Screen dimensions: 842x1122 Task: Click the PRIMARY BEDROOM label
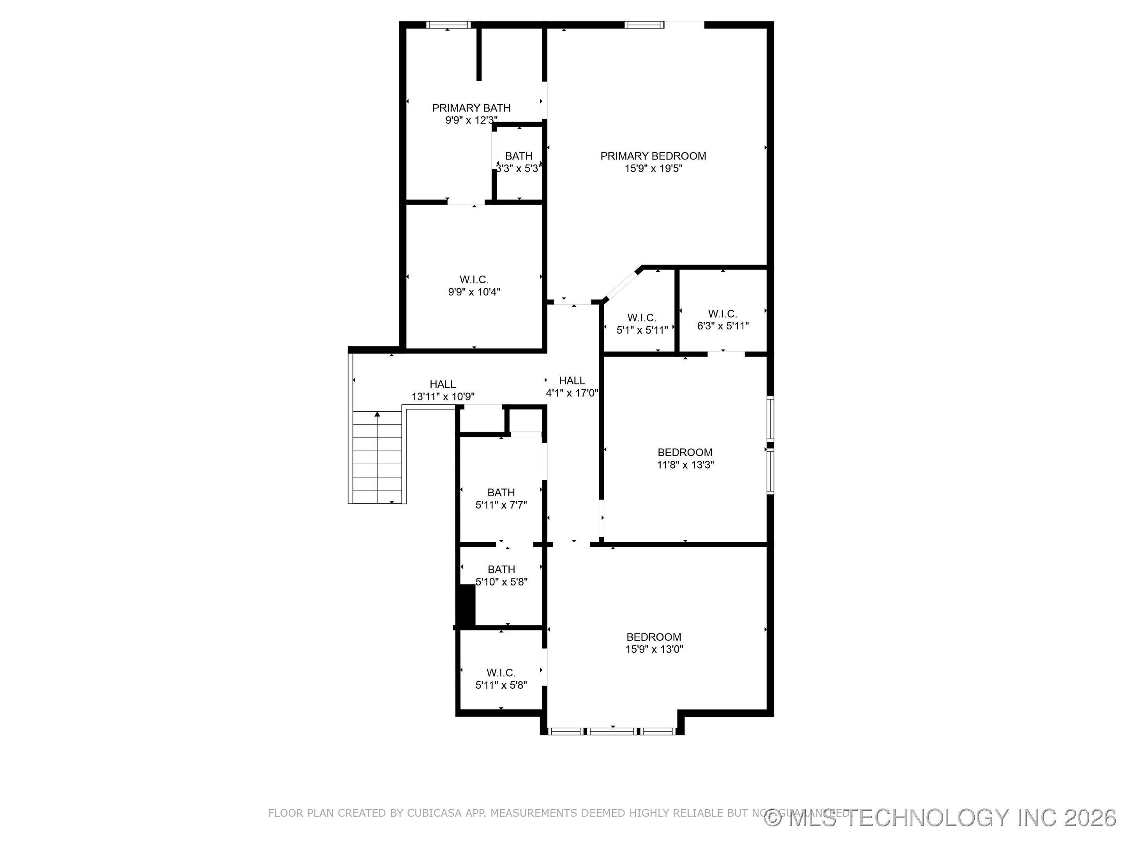tap(653, 156)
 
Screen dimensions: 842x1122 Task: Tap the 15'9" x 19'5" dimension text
tap(653, 168)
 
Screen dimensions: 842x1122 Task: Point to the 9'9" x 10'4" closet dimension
tap(474, 292)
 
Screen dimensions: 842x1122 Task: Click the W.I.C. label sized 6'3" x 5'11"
tap(722, 314)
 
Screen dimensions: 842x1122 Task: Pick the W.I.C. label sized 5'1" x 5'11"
tap(642, 318)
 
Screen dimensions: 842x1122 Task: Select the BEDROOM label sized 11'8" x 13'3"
tap(685, 452)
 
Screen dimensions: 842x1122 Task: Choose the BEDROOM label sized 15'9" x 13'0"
tap(653, 637)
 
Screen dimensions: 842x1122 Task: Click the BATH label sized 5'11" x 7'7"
tap(501, 492)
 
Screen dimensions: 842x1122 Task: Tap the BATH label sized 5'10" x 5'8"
tap(501, 570)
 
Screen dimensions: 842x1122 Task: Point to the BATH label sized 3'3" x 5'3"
tap(519, 156)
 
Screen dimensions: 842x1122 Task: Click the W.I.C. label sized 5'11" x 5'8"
tap(501, 672)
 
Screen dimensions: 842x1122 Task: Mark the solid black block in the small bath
tap(466, 605)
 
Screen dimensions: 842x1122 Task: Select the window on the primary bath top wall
tap(448, 24)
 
